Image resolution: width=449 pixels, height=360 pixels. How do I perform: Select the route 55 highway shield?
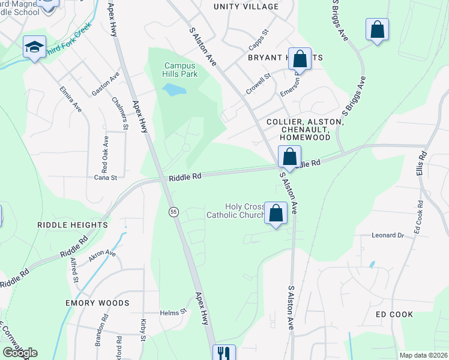173,212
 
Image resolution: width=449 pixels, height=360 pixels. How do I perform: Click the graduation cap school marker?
35,47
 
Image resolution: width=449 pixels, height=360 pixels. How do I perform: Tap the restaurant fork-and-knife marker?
224,353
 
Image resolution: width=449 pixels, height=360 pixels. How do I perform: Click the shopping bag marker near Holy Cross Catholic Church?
276,213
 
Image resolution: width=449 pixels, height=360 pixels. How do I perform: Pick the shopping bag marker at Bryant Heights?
300,59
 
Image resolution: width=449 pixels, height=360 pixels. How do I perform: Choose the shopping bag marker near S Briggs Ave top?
377,30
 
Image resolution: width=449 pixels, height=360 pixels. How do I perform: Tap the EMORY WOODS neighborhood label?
97,303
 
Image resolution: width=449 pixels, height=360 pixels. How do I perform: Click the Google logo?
20,353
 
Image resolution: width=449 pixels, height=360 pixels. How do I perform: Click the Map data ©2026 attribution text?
424,355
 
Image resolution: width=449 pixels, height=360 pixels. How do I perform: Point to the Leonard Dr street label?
388,235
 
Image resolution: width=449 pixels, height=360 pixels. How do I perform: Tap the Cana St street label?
104,177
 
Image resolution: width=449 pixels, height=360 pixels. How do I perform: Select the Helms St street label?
174,313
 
